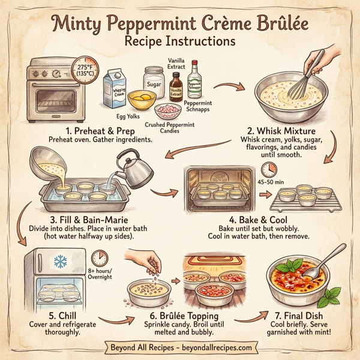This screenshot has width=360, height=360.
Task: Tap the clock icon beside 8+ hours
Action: point(101,259)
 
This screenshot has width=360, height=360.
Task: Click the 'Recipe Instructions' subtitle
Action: point(180,42)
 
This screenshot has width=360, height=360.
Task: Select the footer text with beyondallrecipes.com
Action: point(180,348)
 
